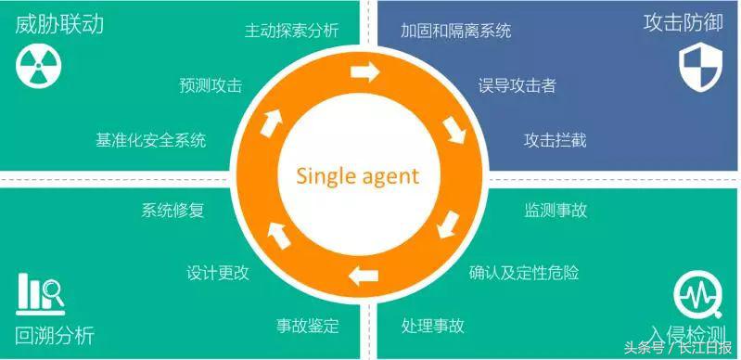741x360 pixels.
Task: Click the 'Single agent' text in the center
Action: click(x=358, y=175)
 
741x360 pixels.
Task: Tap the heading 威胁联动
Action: click(x=58, y=22)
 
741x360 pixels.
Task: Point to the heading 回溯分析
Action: click(x=55, y=335)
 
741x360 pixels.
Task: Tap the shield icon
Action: click(x=696, y=68)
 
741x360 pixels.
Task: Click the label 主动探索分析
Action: click(x=291, y=31)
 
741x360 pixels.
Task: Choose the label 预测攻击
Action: click(x=211, y=85)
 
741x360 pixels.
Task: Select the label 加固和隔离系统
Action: click(x=455, y=31)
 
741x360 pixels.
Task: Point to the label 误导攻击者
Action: click(x=517, y=85)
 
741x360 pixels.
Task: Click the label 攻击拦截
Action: click(x=555, y=140)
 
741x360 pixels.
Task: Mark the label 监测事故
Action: click(x=555, y=211)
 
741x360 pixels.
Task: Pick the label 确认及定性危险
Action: click(x=524, y=273)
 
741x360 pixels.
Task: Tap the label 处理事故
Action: click(x=433, y=326)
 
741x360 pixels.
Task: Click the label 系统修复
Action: click(x=172, y=211)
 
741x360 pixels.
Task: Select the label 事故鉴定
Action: click(x=308, y=326)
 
